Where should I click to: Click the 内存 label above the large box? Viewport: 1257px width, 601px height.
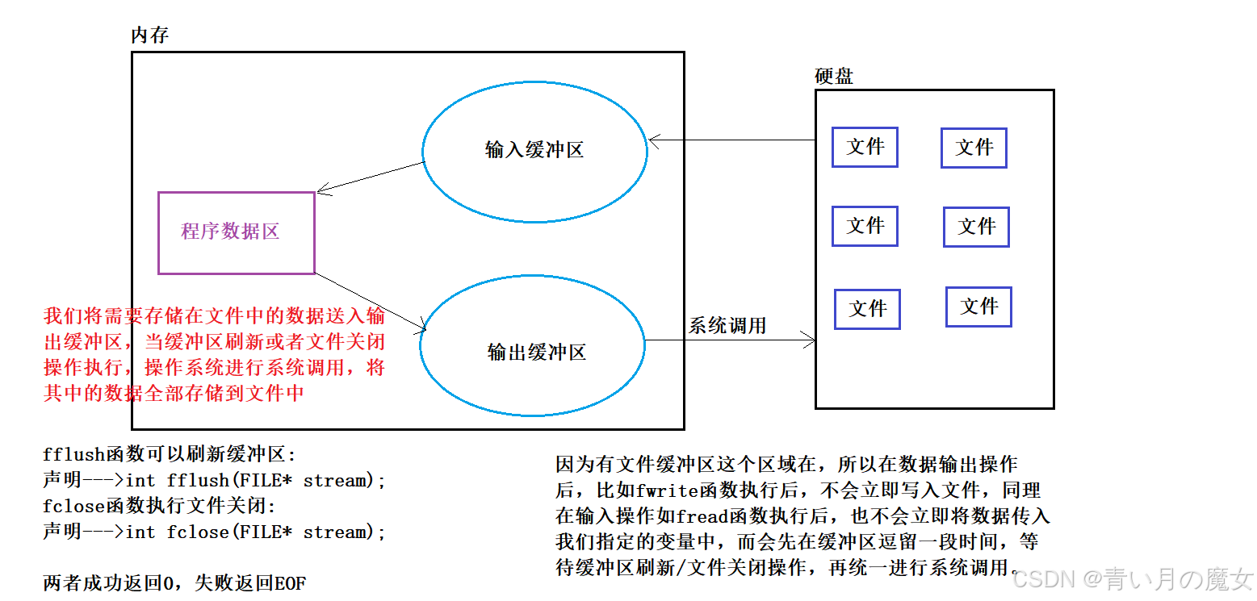coord(149,35)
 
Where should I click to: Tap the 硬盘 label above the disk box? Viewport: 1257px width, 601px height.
coord(834,77)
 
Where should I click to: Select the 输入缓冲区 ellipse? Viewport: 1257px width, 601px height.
coord(534,150)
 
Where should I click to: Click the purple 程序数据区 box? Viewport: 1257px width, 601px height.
coord(236,232)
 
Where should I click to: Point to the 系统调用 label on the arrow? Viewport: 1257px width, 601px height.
coord(727,326)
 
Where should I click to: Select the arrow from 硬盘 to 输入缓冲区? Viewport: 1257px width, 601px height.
coord(731,140)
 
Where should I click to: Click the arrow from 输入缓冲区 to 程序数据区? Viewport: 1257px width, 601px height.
coord(371,177)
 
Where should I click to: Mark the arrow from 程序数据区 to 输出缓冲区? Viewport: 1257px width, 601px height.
coord(370,302)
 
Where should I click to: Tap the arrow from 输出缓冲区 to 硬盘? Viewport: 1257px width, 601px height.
coord(731,340)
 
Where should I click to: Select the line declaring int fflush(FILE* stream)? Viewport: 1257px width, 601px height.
coord(215,481)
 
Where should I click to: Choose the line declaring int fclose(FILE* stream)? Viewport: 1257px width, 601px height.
coord(215,532)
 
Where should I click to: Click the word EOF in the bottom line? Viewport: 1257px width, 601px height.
coord(290,583)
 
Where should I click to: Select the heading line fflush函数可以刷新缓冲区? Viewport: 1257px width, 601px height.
coord(170,455)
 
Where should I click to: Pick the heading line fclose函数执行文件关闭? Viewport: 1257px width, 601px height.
coord(159,507)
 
